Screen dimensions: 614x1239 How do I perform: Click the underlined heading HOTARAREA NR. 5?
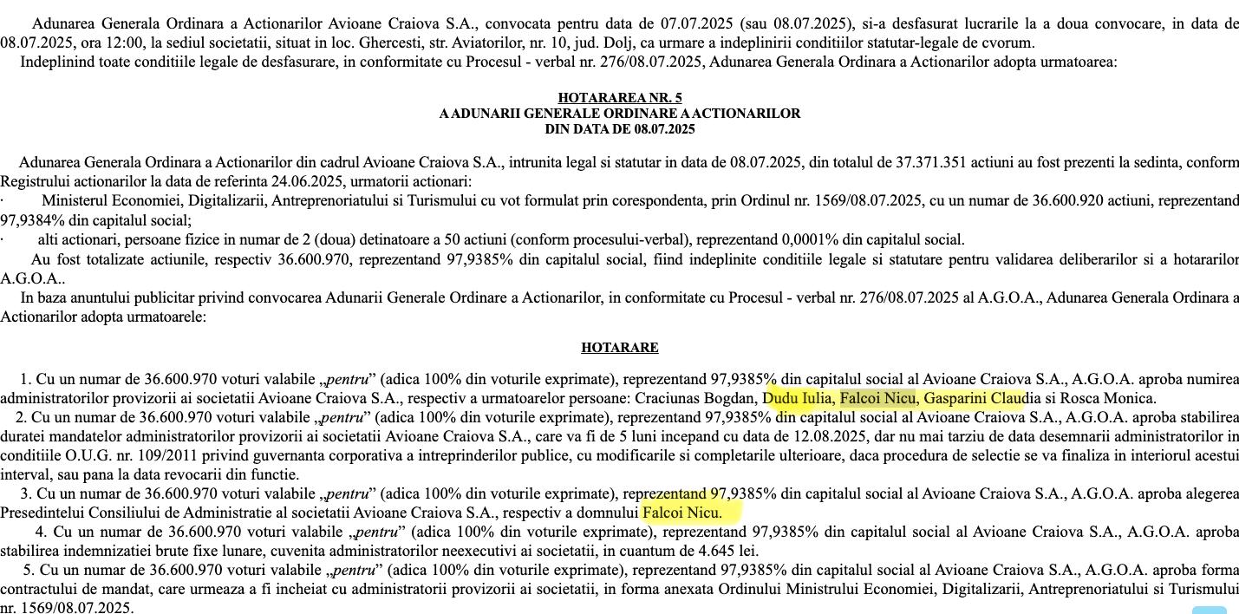[619, 98]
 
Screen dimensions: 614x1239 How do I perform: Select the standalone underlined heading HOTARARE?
[619, 348]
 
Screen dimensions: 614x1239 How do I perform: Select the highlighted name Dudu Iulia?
[798, 398]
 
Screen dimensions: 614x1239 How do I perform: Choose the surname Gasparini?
[954, 398]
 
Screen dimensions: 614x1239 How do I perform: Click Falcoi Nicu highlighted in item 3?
[681, 513]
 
